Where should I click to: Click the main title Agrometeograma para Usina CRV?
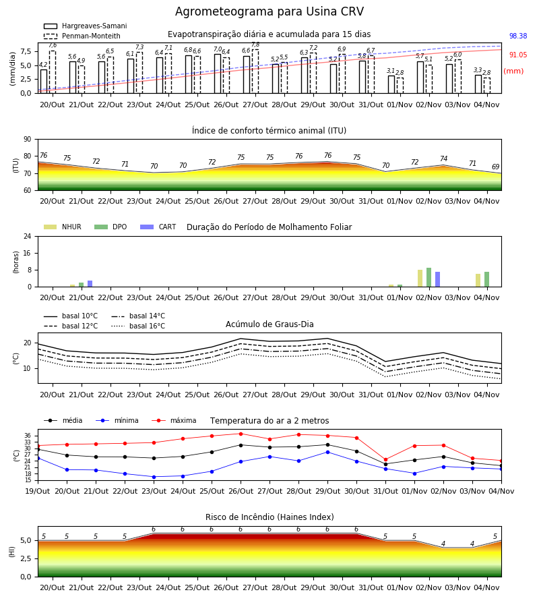pos(269,11)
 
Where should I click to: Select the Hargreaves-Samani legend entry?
pos(86,26)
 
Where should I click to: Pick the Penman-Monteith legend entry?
pos(82,36)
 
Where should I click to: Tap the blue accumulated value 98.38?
pos(518,36)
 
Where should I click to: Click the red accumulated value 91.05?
pos(518,55)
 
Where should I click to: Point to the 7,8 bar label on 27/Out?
pos(255,45)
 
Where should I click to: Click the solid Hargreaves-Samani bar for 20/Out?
pos(44,82)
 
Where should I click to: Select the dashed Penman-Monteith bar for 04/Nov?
pos(487,86)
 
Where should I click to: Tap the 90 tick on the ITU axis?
pos(28,140)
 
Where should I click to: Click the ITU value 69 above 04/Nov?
pos(495,167)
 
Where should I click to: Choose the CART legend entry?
pos(158,227)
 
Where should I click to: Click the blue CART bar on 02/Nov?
pos(438,279)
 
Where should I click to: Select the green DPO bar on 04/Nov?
pos(487,279)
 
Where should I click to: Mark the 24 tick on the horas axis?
pos(28,237)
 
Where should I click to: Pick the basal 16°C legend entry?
pos(138,326)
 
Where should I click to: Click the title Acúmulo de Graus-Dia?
pos(269,324)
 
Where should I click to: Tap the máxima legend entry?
pos(174,420)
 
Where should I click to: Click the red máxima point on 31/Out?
pos(385,459)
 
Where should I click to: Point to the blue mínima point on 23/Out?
pos(154,477)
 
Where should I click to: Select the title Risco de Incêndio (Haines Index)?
pos(269,517)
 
